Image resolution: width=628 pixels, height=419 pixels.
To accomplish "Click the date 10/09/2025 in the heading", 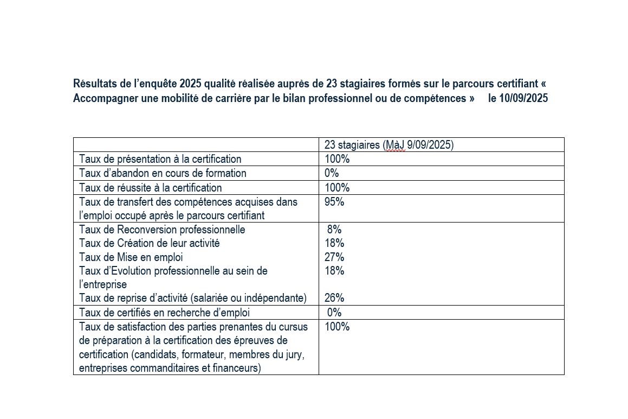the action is point(523,98).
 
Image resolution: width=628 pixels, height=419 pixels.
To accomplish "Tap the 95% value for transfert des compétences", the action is point(334,201).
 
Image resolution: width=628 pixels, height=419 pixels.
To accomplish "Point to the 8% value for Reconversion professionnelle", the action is point(334,229).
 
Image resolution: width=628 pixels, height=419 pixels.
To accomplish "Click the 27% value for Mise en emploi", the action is point(334,257).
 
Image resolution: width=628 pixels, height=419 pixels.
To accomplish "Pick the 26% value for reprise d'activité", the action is point(334,298).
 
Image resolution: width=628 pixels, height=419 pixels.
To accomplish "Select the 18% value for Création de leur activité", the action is point(334,243).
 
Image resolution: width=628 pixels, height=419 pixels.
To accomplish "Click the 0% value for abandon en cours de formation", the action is point(332,173).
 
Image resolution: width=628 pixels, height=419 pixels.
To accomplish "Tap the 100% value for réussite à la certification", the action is point(337,187).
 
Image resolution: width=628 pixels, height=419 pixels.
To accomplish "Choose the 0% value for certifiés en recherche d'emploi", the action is point(334,312).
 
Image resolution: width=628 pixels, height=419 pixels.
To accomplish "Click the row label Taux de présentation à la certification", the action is point(160,159).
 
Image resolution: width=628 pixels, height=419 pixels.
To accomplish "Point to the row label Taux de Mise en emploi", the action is point(131,257).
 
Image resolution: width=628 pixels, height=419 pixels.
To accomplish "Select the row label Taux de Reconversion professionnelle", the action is point(162,230).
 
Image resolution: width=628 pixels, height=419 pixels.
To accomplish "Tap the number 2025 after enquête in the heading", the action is point(190,84).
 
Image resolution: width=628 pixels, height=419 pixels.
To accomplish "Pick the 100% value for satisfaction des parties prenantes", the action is point(337,326).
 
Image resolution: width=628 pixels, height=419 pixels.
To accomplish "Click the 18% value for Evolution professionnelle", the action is point(334,270).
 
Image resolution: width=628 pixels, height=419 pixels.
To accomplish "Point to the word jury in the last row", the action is point(294,354).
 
